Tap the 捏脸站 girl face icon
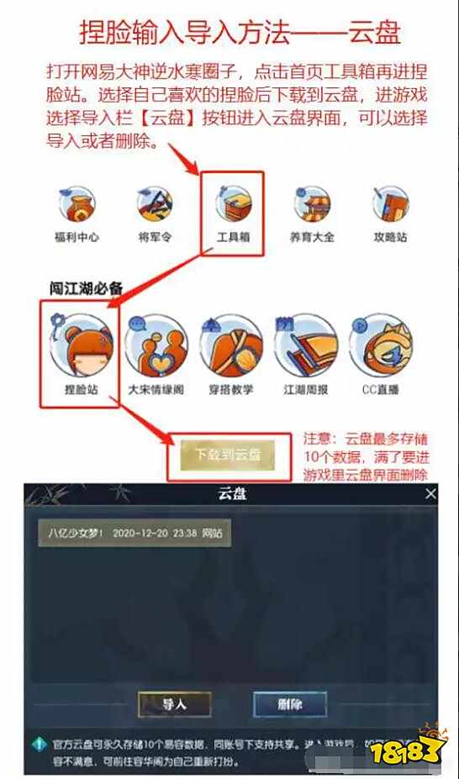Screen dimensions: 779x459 [x=81, y=345]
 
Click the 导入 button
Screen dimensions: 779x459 [x=174, y=703]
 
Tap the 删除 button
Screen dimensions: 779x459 [x=289, y=703]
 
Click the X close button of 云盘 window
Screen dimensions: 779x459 [x=430, y=495]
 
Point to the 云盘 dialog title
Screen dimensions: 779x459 [x=229, y=495]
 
